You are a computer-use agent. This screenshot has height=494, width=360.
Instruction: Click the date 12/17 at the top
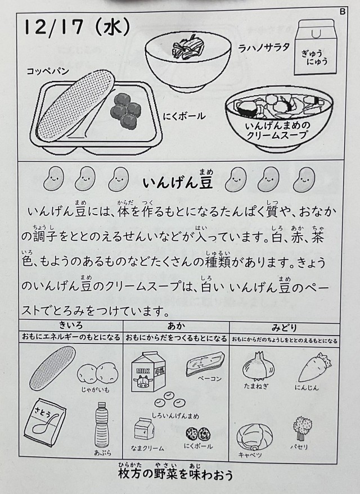tap(53, 28)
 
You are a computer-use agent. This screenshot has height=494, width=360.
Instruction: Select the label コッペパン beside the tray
tap(48, 71)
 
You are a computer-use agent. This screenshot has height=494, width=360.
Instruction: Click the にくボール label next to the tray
tap(184, 116)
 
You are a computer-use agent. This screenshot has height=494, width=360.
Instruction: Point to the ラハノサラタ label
tap(264, 48)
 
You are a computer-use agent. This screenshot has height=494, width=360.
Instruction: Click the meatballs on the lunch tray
tap(125, 108)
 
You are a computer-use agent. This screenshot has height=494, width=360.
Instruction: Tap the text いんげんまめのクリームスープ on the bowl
tap(277, 131)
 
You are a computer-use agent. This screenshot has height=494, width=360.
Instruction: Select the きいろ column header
tap(71, 325)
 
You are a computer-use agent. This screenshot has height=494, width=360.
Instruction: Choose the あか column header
tap(176, 326)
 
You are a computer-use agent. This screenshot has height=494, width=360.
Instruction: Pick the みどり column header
tap(284, 328)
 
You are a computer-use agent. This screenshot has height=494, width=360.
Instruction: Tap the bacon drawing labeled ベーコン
tap(205, 364)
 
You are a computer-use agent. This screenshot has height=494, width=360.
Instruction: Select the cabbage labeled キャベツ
tap(254, 437)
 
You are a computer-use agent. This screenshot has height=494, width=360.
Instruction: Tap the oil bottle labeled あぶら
tap(102, 425)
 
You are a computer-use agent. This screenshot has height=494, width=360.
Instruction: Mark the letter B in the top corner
tap(343, 12)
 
